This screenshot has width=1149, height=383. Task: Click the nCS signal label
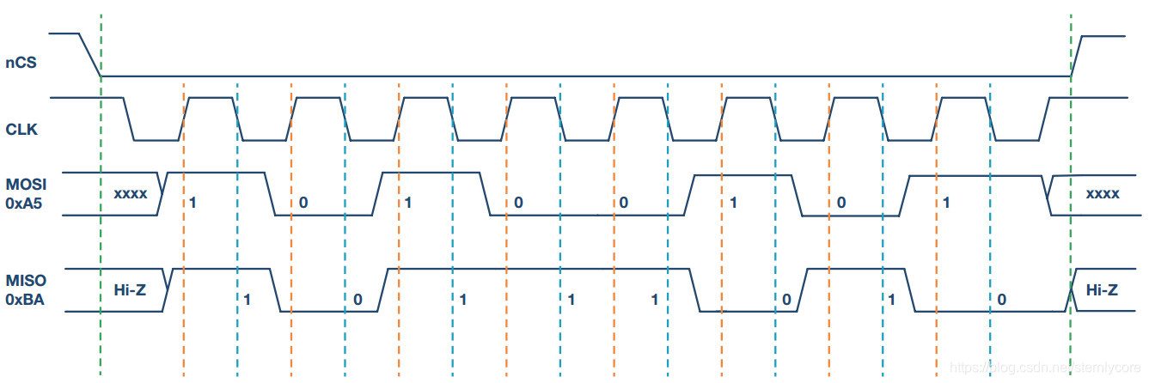(21, 63)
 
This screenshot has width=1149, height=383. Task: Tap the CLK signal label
(21, 129)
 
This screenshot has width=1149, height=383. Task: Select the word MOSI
(26, 184)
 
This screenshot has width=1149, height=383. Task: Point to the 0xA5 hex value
(23, 204)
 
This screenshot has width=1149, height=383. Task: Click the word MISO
(26, 281)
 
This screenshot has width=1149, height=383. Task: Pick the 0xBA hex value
(25, 300)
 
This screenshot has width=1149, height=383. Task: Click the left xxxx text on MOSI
(131, 194)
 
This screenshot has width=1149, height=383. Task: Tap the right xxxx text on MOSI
(1103, 194)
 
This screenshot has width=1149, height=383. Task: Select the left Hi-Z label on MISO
(130, 290)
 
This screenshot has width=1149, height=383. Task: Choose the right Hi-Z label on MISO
(1102, 290)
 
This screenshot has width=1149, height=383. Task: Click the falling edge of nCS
(89, 55)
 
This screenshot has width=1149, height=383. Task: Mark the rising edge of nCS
(1077, 57)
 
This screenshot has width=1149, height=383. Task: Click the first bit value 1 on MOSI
(193, 203)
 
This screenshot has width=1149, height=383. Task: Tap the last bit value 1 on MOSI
(946, 203)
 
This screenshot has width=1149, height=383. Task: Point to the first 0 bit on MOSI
(303, 203)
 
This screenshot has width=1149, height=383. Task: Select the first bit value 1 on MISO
(247, 300)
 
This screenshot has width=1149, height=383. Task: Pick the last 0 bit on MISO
(1002, 300)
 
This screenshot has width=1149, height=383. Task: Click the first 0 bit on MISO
(358, 300)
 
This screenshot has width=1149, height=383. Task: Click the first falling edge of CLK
(129, 119)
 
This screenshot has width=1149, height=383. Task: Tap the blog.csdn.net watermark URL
(1045, 368)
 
